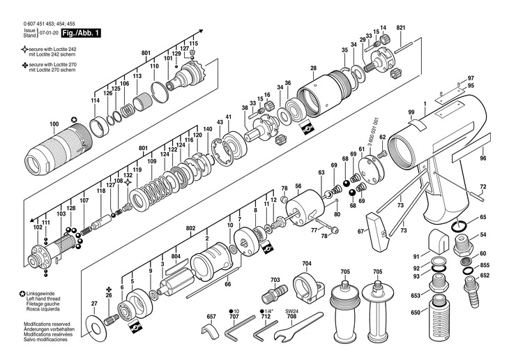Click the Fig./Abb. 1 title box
point(81,33)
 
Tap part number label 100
point(54,123)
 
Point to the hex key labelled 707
point(240,327)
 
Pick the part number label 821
point(401,28)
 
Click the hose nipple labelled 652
point(471,291)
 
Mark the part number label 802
point(191,228)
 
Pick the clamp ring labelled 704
point(308,285)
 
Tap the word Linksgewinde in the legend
point(40,294)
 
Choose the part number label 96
point(483,158)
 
